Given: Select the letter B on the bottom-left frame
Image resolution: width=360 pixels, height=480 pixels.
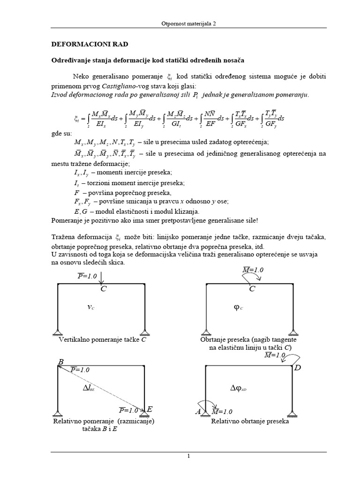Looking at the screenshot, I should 60,362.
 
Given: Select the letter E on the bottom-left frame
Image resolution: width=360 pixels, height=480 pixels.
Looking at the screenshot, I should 150,409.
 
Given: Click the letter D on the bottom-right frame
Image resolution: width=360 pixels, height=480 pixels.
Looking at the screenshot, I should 297,368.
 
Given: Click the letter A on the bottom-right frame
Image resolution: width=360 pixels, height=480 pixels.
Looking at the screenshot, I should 197,412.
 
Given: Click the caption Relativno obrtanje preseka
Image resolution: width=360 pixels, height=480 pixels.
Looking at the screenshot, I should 250,421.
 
